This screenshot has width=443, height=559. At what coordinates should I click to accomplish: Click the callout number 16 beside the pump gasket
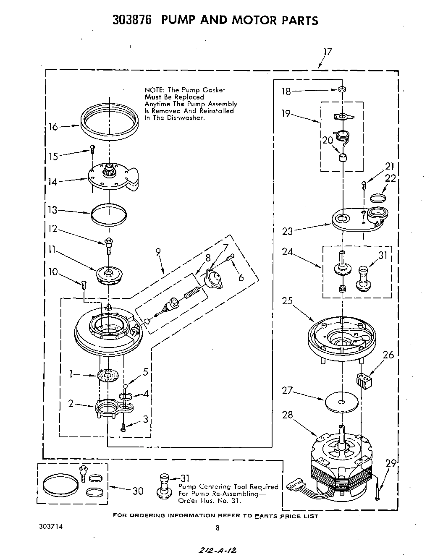[x=53, y=126]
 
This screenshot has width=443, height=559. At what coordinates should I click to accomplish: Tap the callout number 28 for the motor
[x=287, y=415]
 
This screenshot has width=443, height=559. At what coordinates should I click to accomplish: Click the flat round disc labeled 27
[x=342, y=402]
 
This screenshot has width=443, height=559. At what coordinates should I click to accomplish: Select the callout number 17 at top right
[x=328, y=52]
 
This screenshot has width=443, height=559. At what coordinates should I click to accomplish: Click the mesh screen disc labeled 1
[x=108, y=375]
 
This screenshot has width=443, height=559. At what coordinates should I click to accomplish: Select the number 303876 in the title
[x=131, y=20]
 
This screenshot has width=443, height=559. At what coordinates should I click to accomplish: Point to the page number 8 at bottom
[x=217, y=528]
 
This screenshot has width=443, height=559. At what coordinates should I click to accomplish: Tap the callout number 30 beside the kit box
[x=138, y=491]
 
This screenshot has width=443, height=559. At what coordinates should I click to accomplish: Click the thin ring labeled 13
[x=109, y=214]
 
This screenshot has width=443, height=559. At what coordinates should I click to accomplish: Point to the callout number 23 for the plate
[x=288, y=231]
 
